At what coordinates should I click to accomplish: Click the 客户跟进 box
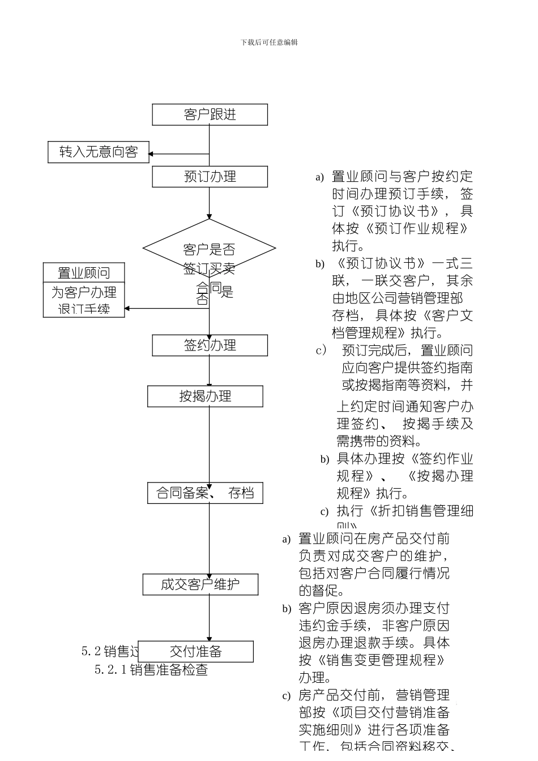pos(210,115)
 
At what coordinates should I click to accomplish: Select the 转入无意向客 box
pos(98,152)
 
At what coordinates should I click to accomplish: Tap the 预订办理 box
pos(210,177)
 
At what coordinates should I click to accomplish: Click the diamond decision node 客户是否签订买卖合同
pos(209,249)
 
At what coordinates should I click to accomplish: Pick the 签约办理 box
pos(210,345)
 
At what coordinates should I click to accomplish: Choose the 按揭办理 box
pos(205,396)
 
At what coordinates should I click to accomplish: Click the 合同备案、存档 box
pos(205,493)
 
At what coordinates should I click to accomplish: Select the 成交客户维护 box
pos(200,585)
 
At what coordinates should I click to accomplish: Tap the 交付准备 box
pos(195,652)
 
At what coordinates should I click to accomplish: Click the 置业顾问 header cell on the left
pos(84,273)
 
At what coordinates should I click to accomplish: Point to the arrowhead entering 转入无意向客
pos(151,153)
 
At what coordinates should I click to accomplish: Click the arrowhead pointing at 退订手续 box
pos(127,309)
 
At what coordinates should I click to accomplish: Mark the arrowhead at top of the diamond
pos(209,217)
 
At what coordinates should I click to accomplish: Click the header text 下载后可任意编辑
pos(269,42)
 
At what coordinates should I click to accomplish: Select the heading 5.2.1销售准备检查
pos(151,670)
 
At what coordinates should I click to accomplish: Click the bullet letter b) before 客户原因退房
pos(287,609)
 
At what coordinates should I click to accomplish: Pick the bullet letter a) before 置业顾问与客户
pos(319,178)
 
